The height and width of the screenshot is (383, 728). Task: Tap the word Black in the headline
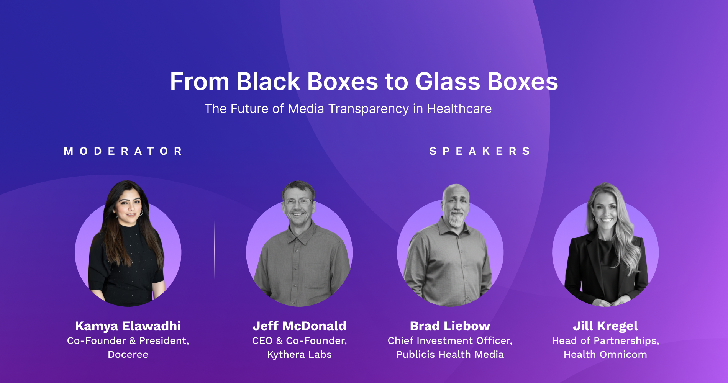tap(268, 82)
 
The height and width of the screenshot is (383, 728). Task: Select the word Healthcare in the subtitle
tap(459, 109)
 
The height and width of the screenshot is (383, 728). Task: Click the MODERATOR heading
tap(123, 151)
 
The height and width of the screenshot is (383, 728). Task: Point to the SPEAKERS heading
tap(480, 151)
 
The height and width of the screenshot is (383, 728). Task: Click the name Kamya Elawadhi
tap(128, 326)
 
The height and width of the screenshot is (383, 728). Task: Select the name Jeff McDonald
tap(299, 326)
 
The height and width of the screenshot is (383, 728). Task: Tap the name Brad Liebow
tap(450, 326)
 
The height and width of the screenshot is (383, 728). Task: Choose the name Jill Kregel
tap(605, 326)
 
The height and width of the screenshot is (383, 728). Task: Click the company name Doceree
tap(128, 354)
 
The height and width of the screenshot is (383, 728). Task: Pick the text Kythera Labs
tap(299, 354)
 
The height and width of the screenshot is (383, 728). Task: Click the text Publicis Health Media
tap(450, 354)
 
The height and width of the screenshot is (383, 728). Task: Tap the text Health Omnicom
tap(605, 354)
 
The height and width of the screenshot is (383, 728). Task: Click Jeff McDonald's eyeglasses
tap(298, 201)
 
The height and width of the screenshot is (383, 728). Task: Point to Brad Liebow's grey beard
tap(456, 219)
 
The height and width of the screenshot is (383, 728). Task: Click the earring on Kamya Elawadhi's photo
tap(141, 213)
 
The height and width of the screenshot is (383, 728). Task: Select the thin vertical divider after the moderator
tap(214, 250)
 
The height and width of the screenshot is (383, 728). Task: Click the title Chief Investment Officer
tap(450, 340)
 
